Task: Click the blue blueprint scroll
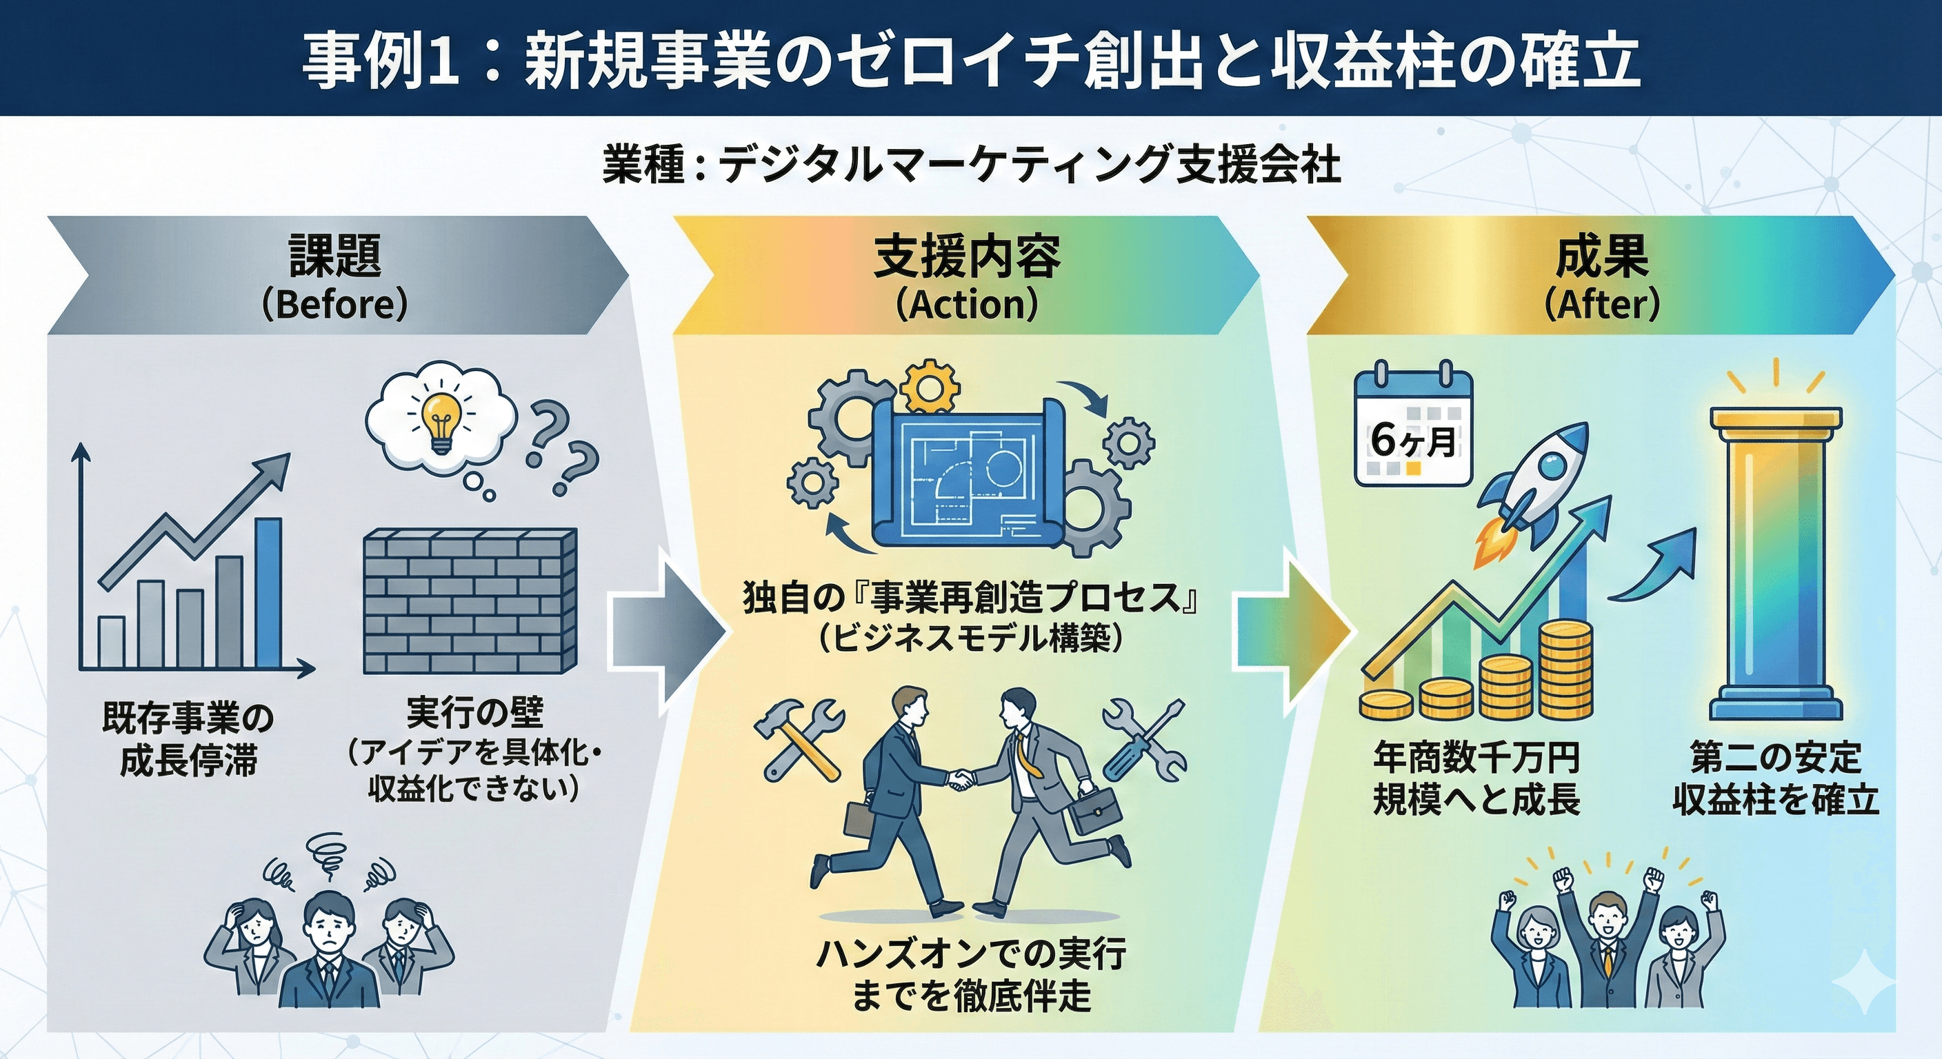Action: tap(968, 475)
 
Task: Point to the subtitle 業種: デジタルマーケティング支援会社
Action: tap(971, 165)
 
